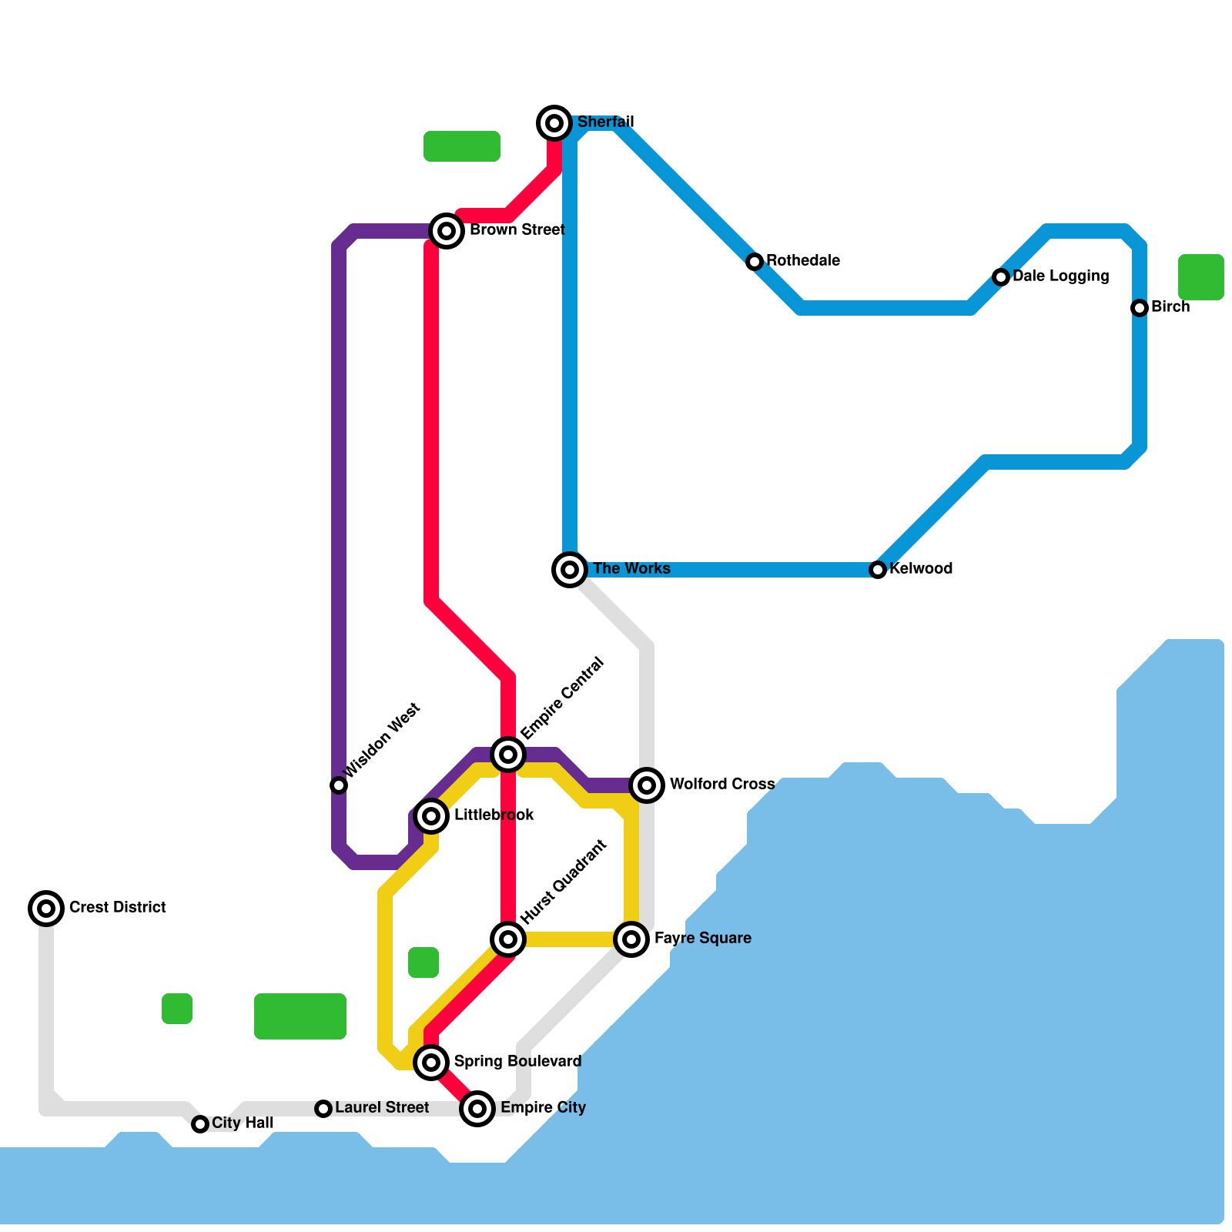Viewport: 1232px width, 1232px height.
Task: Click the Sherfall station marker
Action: (554, 122)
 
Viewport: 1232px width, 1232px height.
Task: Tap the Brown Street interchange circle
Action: (447, 230)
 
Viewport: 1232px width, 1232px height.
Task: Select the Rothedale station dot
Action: (755, 262)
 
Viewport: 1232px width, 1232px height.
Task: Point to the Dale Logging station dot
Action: (1001, 277)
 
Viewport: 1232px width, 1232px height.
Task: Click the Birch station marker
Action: (1140, 308)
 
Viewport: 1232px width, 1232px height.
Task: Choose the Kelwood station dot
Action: (878, 570)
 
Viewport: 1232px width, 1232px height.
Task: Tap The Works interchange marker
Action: (570, 570)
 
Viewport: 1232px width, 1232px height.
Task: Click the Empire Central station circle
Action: (508, 755)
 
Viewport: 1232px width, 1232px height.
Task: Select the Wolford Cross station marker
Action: (647, 785)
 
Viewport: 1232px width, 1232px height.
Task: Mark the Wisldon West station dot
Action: (339, 785)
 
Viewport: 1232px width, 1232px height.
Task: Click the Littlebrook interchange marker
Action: (432, 816)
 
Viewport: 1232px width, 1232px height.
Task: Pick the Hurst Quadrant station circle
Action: (508, 939)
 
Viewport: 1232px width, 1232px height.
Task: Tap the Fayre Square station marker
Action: (631, 939)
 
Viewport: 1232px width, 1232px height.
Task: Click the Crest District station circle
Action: (46, 909)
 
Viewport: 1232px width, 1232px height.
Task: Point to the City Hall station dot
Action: (200, 1124)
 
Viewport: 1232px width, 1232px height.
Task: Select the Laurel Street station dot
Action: (323, 1109)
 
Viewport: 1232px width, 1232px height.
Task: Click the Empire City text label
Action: (543, 1108)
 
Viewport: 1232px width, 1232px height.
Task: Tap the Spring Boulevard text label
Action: (517, 1062)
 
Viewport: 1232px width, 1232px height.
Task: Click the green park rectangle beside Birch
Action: (1200, 277)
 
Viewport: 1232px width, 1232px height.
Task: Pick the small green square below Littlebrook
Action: (423, 962)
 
